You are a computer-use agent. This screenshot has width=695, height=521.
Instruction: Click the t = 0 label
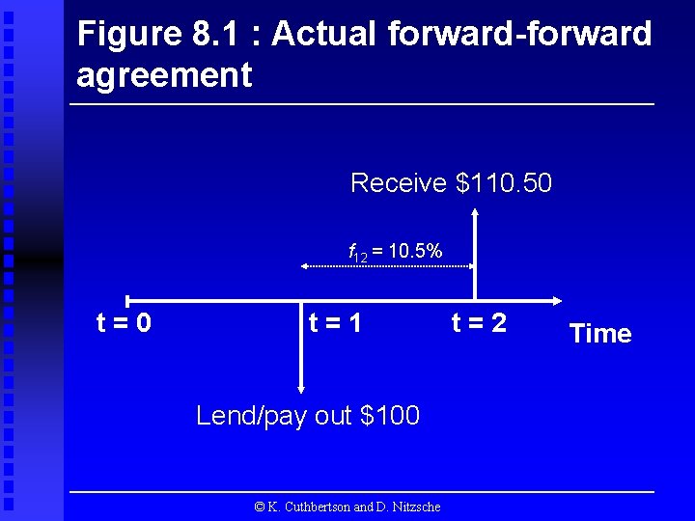coord(124,322)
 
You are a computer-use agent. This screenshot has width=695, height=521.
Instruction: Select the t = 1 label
coord(334,322)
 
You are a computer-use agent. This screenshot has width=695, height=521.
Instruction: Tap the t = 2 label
coord(478,322)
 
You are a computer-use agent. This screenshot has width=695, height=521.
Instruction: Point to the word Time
coord(599,334)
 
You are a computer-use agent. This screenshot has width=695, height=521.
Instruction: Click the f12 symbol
coord(358,254)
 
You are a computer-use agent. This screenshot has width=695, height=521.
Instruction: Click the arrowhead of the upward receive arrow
coord(474,206)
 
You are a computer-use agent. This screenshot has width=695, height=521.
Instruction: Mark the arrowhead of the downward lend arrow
coord(301,389)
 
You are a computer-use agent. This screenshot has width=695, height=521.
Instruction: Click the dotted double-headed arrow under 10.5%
coord(386,263)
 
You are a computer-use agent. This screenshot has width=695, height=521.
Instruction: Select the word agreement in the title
coord(164,74)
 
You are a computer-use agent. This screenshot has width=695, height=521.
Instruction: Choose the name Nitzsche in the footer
coord(416,507)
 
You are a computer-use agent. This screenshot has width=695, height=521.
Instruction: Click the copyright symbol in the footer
coord(259,507)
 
